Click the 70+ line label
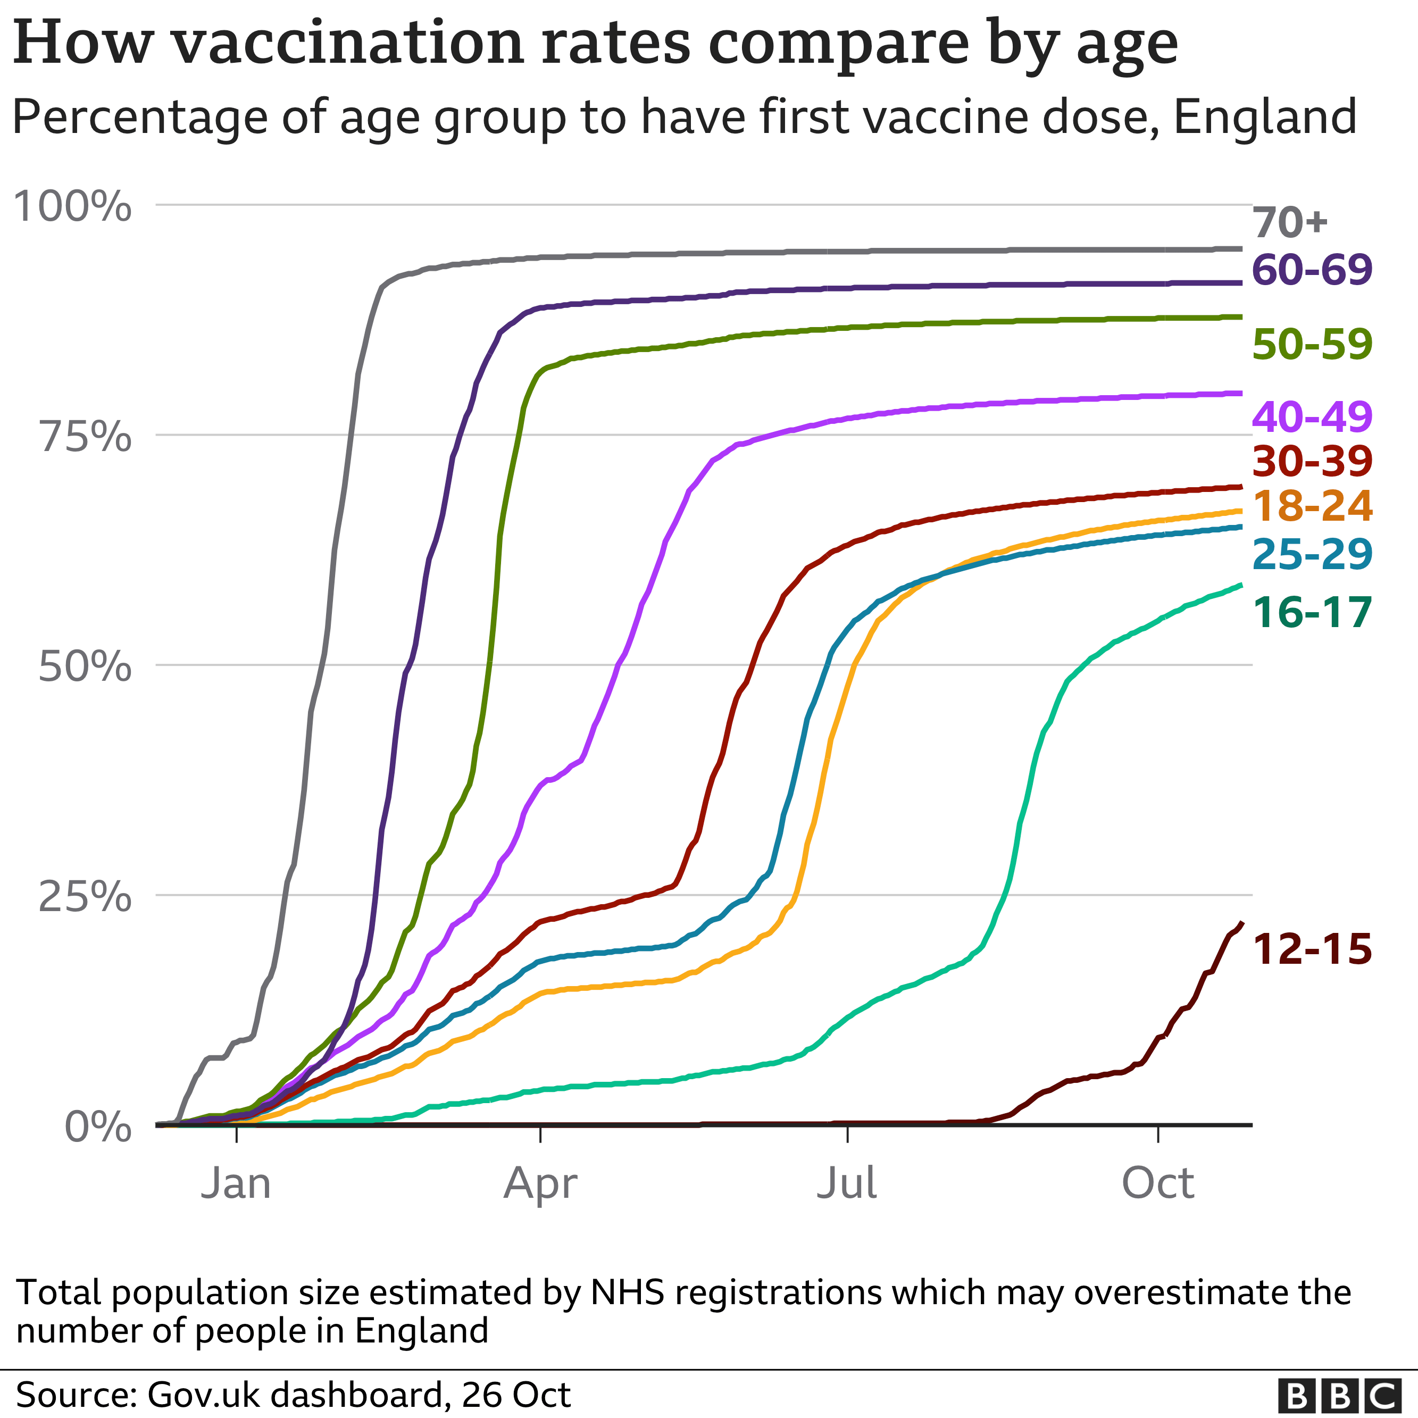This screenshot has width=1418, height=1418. pyautogui.click(x=1290, y=222)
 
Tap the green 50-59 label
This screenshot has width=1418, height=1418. pyautogui.click(x=1312, y=344)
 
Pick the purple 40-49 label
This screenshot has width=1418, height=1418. pyautogui.click(x=1312, y=417)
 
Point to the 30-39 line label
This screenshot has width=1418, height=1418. pyautogui.click(x=1312, y=461)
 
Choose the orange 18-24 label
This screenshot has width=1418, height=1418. pyautogui.click(x=1312, y=506)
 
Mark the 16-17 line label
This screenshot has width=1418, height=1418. pyautogui.click(x=1312, y=612)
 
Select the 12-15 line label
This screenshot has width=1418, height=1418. pyautogui.click(x=1312, y=949)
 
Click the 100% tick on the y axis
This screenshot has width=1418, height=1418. pyautogui.click(x=72, y=206)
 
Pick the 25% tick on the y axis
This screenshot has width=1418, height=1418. pyautogui.click(x=85, y=897)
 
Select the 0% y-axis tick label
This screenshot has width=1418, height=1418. pyautogui.click(x=98, y=1128)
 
